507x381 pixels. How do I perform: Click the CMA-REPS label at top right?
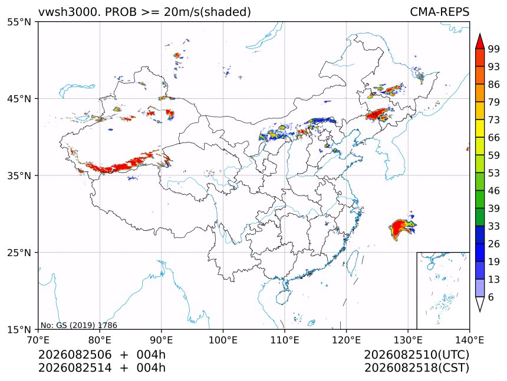coord(439,12)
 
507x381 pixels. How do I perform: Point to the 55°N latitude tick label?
coord(19,22)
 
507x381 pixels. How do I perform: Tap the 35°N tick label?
coord(19,175)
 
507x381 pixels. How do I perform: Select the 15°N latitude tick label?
coord(19,329)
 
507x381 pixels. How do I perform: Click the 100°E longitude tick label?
coord(223,340)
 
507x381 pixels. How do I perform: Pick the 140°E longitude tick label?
coord(469,340)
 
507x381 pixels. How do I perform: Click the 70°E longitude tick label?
coord(38,340)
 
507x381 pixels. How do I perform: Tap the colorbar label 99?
coord(494,49)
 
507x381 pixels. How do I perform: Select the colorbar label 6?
coord(491,297)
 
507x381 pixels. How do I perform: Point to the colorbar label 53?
coord(494,173)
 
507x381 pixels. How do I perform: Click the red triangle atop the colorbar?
coord(480,41)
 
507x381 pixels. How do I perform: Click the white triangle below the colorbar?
coord(480,304)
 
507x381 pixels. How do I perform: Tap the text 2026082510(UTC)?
coord(416,355)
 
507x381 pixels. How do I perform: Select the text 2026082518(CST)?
coord(416,368)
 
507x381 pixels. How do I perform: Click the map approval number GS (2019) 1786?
coord(87,325)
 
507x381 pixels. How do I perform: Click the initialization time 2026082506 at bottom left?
coord(75,355)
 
